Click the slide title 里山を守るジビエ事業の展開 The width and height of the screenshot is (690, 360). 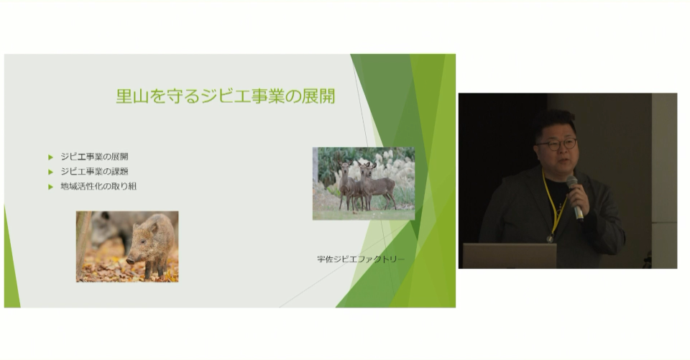pos(225,96)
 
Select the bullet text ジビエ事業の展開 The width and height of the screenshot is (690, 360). pos(94,157)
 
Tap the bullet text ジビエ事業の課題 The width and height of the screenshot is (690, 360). pos(94,172)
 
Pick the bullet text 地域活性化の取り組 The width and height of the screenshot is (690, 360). pos(98,187)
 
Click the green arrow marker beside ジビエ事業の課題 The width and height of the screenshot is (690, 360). pos(50,172)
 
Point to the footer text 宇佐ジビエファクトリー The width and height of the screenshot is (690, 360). pos(360,259)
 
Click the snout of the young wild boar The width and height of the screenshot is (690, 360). pos(130,261)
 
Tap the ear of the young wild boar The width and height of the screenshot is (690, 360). pos(154,228)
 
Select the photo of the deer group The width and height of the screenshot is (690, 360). pos(364,183)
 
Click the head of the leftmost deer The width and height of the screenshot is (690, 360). pos(344,167)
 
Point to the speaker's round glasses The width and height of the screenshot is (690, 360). pos(556,144)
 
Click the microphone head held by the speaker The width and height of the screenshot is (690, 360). pos(571,181)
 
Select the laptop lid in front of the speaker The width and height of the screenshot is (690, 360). pos(510,256)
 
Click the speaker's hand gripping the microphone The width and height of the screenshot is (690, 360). pos(578,198)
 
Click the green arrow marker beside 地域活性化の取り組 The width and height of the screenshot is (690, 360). pos(50,187)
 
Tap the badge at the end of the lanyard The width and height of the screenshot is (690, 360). pos(550,239)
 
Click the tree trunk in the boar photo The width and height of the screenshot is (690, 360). pos(83,246)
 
